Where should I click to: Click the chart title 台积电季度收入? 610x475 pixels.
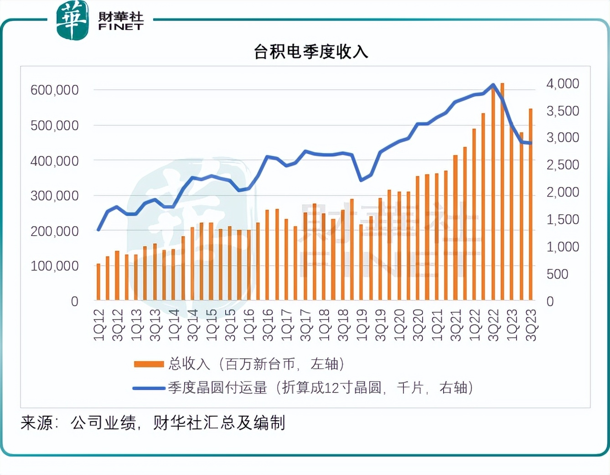pyautogui.click(x=311, y=52)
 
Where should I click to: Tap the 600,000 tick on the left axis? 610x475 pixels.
pyautogui.click(x=54, y=90)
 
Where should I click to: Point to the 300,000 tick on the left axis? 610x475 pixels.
pyautogui.click(x=54, y=196)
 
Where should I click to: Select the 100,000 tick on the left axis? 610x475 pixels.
pyautogui.click(x=54, y=266)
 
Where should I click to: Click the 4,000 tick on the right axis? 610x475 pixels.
pyautogui.click(x=563, y=83)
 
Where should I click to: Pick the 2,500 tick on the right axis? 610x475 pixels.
pyautogui.click(x=563, y=165)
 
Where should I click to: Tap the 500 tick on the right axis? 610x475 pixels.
pyautogui.click(x=557, y=274)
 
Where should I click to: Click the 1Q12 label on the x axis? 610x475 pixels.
pyautogui.click(x=99, y=325)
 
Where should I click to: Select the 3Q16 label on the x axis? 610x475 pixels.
pyautogui.click(x=268, y=325)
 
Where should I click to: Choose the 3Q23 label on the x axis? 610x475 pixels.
pyautogui.click(x=531, y=325)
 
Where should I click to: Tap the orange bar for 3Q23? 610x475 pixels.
pyautogui.click(x=531, y=205)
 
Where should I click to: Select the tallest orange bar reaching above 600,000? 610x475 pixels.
pyautogui.click(x=502, y=191)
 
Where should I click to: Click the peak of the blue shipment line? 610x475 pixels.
pyautogui.click(x=493, y=85)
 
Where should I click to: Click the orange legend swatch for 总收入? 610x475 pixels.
pyautogui.click(x=149, y=364)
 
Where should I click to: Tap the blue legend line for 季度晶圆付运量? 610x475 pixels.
pyautogui.click(x=149, y=388)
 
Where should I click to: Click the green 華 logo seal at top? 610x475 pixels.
pyautogui.click(x=72, y=20)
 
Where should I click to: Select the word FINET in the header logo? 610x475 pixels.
pyautogui.click(x=121, y=27)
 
